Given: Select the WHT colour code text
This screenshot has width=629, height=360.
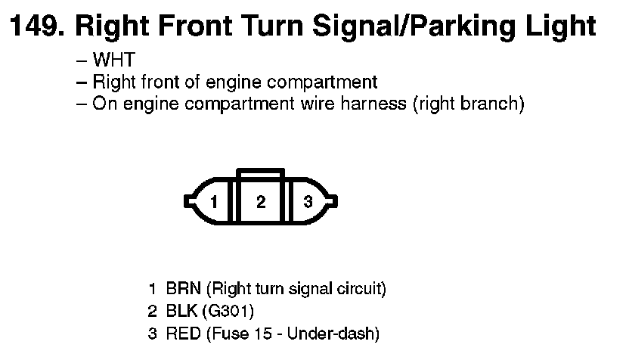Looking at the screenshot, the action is [x=113, y=61].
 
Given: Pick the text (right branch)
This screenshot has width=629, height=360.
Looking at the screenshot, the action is [x=467, y=104].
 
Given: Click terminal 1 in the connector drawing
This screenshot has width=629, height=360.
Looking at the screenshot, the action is [x=215, y=202].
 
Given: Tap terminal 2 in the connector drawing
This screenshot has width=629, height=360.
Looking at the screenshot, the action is [x=261, y=202].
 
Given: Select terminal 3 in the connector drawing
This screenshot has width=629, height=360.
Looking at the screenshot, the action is [x=308, y=202].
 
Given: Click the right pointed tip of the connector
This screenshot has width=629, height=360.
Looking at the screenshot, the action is [x=335, y=202].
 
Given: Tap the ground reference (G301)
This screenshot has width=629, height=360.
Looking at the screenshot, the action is [x=228, y=311].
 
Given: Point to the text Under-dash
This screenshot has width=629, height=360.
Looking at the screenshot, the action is [x=337, y=333].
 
